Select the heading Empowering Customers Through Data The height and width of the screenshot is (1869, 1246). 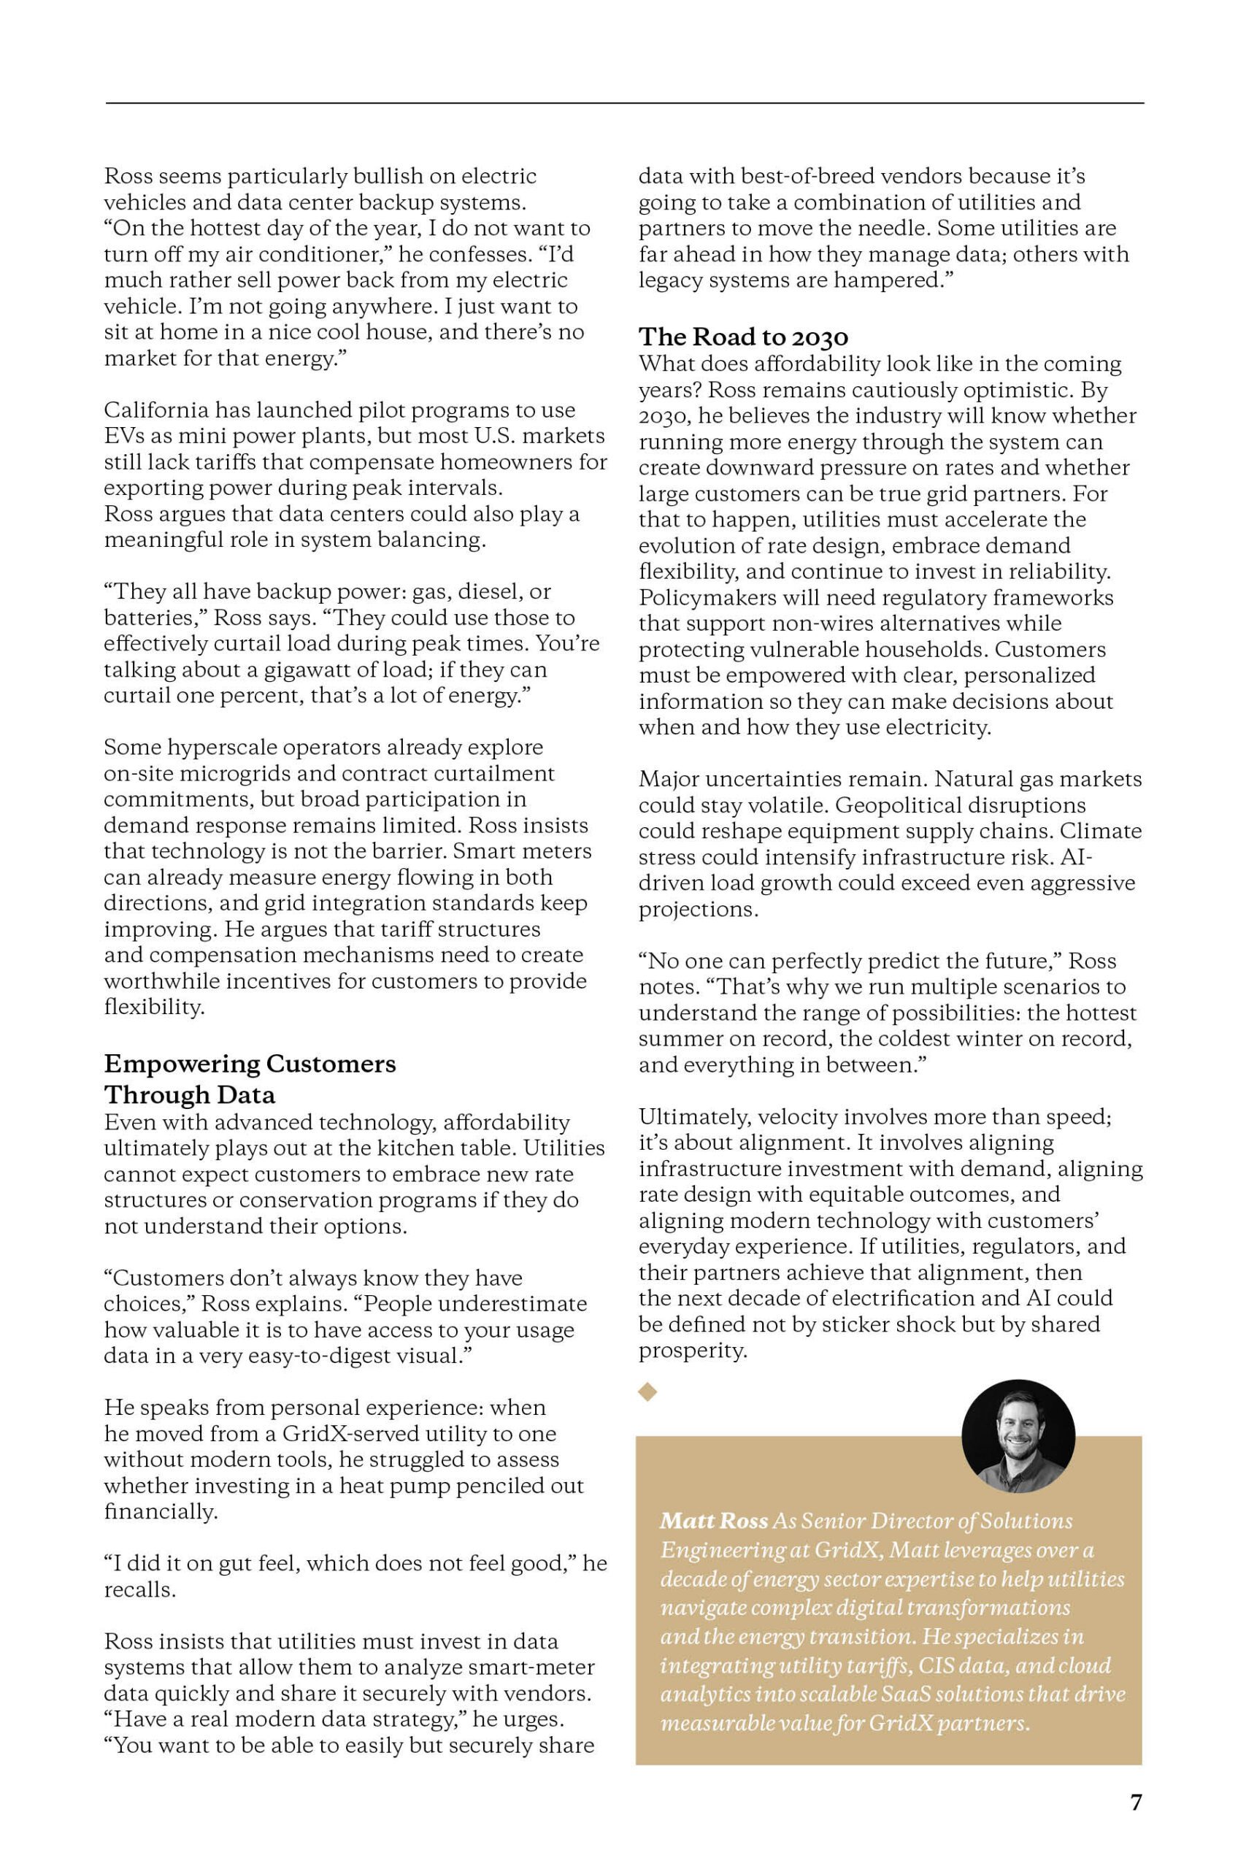tap(250, 1078)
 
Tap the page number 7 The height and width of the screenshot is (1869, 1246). tap(1136, 1803)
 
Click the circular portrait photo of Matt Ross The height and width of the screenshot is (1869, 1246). tap(1018, 1436)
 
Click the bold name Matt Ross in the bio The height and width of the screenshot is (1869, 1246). tap(714, 1521)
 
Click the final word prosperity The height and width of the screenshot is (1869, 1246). tap(692, 1350)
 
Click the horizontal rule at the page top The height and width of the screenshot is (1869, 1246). tap(625, 103)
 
